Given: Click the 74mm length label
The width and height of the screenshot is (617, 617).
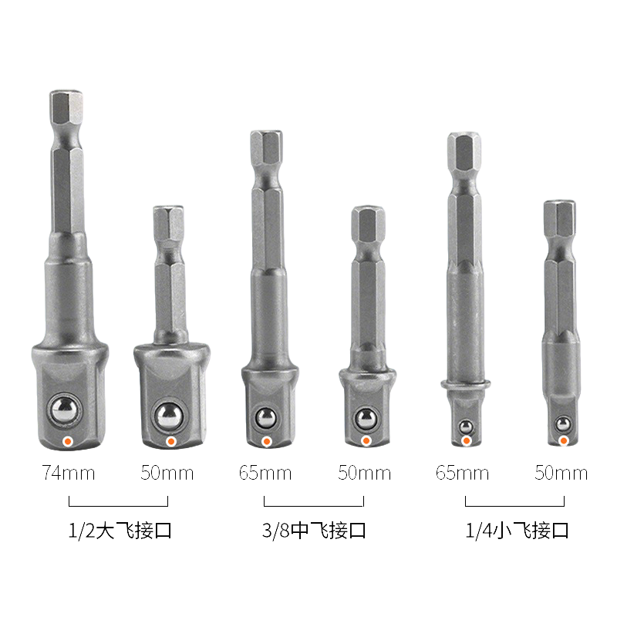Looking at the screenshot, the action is (69, 473).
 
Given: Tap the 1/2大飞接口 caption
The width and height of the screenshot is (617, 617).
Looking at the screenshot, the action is (120, 531).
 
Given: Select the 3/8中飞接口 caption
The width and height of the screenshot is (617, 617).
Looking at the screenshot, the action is (314, 531).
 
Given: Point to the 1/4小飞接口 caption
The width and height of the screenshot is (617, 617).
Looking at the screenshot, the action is (517, 531).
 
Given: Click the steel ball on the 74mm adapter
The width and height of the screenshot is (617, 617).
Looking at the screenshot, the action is (65, 410).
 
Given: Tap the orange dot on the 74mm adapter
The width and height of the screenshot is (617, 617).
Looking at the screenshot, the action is (68, 441).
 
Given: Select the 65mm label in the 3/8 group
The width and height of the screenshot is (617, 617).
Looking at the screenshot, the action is (265, 473).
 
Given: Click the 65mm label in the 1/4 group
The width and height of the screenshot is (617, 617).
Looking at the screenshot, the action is (462, 473).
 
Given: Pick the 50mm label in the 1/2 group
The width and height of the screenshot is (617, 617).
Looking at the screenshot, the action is (167, 473).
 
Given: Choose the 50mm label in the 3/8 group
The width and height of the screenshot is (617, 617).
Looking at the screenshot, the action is (364, 473).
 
